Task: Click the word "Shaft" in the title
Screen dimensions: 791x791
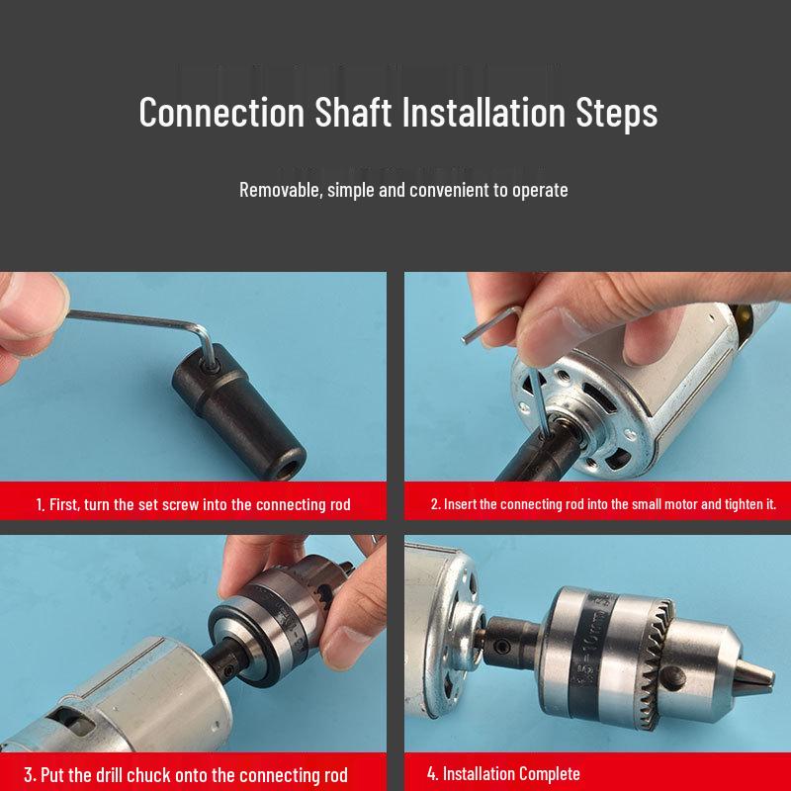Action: pyautogui.click(x=353, y=112)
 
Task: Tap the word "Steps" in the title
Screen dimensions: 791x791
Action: pyautogui.click(x=616, y=113)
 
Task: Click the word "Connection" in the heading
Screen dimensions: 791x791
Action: pyautogui.click(x=221, y=112)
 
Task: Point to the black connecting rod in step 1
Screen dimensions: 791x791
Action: pyautogui.click(x=238, y=411)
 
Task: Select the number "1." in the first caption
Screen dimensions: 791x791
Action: pyautogui.click(x=41, y=504)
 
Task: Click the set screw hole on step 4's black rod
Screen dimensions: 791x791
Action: pyautogui.click(x=500, y=647)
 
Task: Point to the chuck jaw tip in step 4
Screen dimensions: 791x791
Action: pyautogui.click(x=756, y=676)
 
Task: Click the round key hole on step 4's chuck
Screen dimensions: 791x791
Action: pyautogui.click(x=673, y=678)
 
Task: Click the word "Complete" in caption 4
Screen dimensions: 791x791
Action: pyautogui.click(x=543, y=773)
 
